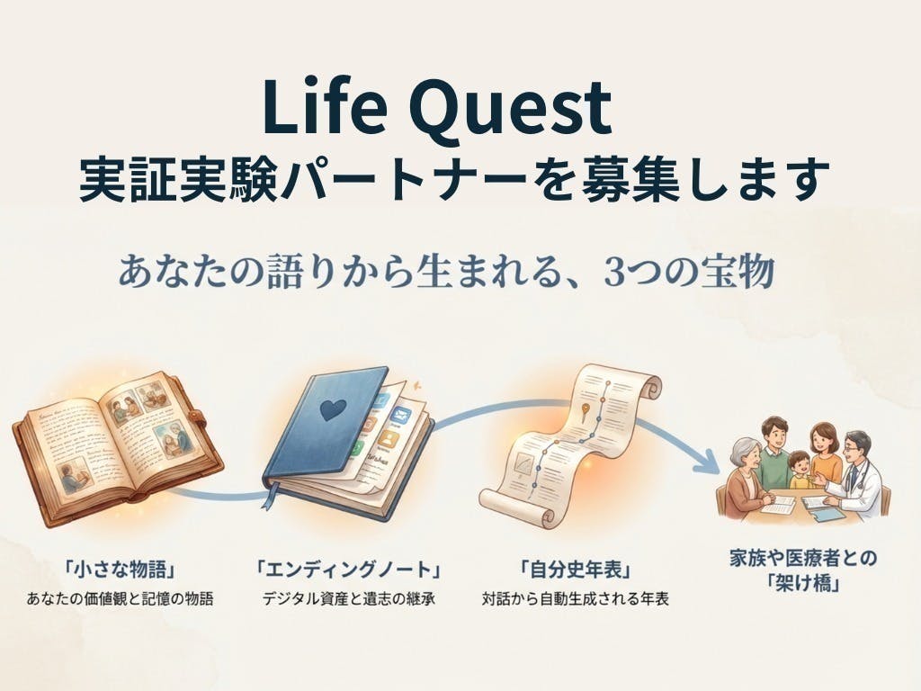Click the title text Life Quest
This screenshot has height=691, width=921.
(437, 106)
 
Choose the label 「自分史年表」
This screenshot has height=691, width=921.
(574, 570)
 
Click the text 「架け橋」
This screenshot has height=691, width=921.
(802, 582)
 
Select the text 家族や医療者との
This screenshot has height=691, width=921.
(802, 558)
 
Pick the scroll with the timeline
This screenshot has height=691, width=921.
(568, 442)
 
